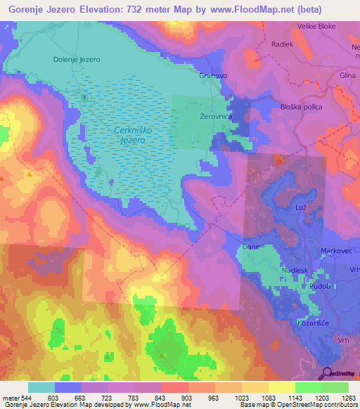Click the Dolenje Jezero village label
click(77, 60)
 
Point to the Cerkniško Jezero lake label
click(132, 136)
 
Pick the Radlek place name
click(282, 44)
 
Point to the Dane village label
click(250, 247)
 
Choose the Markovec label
click(335, 251)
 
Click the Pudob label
click(319, 287)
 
